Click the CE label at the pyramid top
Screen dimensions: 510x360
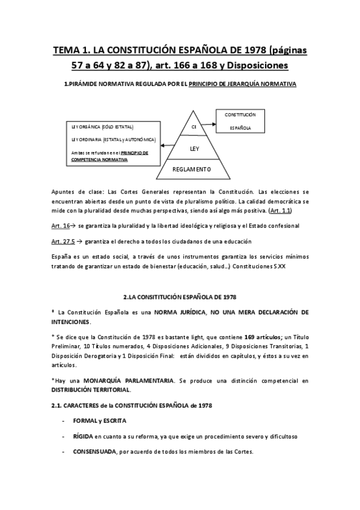tap(194, 127)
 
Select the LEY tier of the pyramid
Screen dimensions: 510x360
tap(194, 147)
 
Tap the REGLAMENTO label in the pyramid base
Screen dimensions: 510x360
tap(193, 170)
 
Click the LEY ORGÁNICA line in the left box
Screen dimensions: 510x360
tap(102, 127)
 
